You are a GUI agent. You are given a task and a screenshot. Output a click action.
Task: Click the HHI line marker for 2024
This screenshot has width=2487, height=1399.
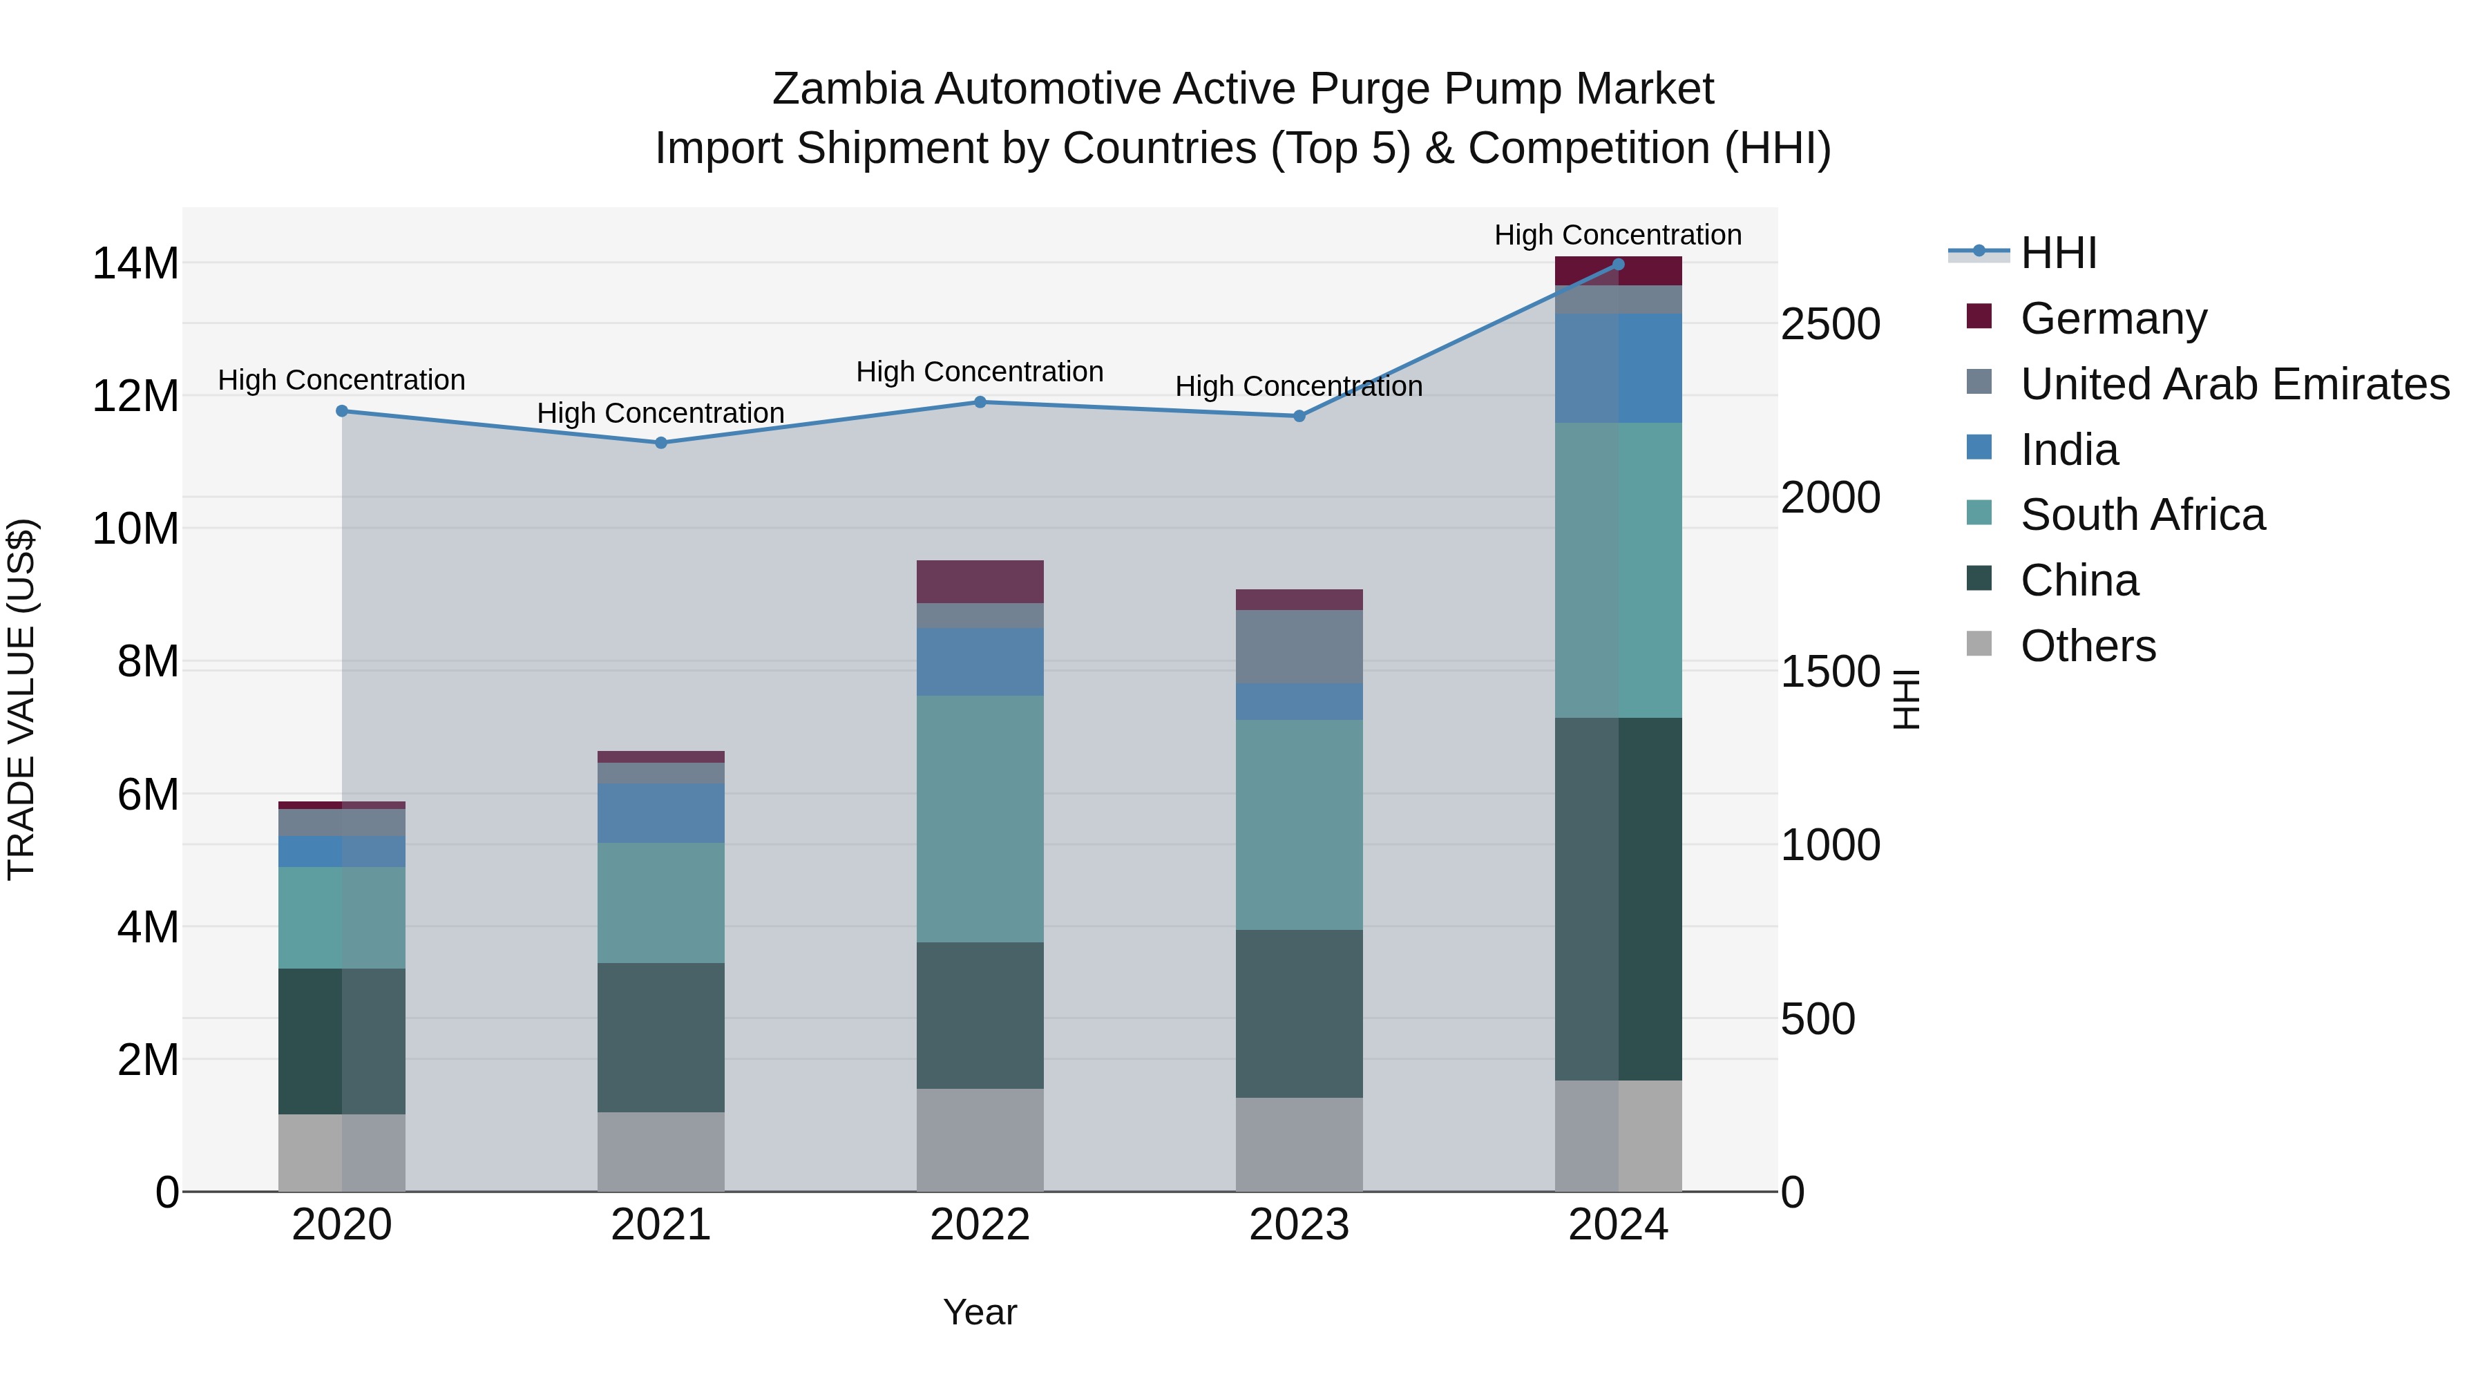pos(1618,264)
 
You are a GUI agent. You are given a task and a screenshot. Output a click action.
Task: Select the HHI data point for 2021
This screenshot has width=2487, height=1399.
pos(661,443)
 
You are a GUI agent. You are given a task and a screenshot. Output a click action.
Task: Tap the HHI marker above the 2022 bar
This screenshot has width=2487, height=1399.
pos(980,401)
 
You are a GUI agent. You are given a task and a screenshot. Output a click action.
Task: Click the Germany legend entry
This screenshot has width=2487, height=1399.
pos(2113,318)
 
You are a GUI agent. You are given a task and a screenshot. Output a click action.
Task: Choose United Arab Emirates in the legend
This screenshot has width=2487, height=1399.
pos(2234,384)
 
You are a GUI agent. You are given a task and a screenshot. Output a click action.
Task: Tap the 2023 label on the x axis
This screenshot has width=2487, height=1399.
pos(1299,1225)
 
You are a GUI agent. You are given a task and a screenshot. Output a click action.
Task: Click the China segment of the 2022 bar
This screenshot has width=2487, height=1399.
pos(980,1015)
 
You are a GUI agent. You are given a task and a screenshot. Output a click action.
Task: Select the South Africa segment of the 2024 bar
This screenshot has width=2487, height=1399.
pos(1618,570)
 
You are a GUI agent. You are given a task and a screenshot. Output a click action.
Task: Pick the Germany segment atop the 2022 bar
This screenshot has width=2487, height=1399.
pos(980,581)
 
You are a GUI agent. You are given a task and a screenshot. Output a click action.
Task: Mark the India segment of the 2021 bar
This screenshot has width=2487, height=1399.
pos(661,813)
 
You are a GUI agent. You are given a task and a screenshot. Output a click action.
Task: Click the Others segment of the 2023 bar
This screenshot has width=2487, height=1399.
pos(1299,1144)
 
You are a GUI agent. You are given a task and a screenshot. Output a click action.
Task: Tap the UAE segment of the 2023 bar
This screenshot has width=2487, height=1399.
pos(1299,647)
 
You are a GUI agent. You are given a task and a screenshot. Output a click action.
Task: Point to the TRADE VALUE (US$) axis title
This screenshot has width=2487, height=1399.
pos(22,699)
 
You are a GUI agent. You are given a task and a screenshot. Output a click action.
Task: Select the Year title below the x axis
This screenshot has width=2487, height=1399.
pos(980,1312)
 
